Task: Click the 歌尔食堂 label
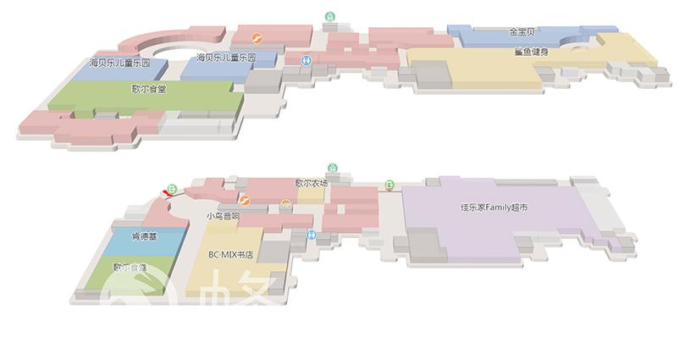148,88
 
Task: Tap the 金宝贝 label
522,32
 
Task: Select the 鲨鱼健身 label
531,53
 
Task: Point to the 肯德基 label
144,236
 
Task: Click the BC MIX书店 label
231,253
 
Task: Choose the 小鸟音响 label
223,216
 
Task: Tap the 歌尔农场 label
311,183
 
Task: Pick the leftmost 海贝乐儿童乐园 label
119,64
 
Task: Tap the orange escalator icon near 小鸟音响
245,200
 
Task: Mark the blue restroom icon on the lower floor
312,234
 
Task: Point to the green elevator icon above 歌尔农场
332,169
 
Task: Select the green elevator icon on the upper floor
330,16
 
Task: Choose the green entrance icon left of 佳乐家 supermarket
389,184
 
